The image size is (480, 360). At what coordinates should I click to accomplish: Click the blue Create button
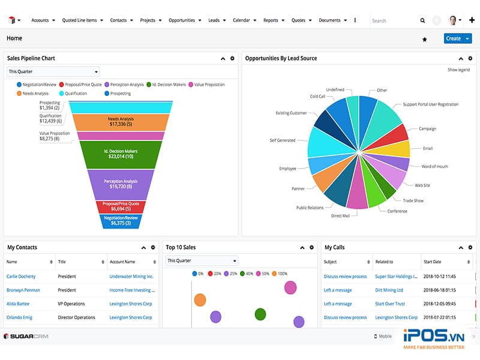pyautogui.click(x=454, y=38)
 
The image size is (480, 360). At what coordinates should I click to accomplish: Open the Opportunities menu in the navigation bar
pyautogui.click(x=182, y=20)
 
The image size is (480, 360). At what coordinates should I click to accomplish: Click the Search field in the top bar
pyautogui.click(x=393, y=20)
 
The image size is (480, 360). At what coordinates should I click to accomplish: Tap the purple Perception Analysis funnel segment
pyautogui.click(x=121, y=184)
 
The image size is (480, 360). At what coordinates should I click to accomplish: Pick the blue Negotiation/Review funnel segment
pyautogui.click(x=121, y=221)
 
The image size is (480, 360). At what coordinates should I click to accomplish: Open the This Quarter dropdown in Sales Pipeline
pyautogui.click(x=53, y=72)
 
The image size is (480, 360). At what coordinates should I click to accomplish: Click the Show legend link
pyautogui.click(x=458, y=70)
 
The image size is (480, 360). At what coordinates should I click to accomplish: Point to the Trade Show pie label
pyautogui.click(x=413, y=200)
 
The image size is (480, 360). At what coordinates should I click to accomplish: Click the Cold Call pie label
pyautogui.click(x=317, y=96)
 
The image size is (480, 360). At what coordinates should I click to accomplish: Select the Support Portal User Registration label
pyautogui.click(x=430, y=104)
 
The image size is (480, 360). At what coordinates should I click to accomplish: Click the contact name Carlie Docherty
pyautogui.click(x=21, y=277)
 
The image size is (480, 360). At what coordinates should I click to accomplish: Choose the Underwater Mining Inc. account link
pyautogui.click(x=131, y=277)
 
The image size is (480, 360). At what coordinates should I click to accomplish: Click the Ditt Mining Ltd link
pyautogui.click(x=389, y=290)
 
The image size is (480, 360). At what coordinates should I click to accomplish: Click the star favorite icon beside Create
pyautogui.click(x=425, y=39)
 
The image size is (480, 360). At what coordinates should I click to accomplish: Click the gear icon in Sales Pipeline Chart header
pyautogui.click(x=232, y=58)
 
